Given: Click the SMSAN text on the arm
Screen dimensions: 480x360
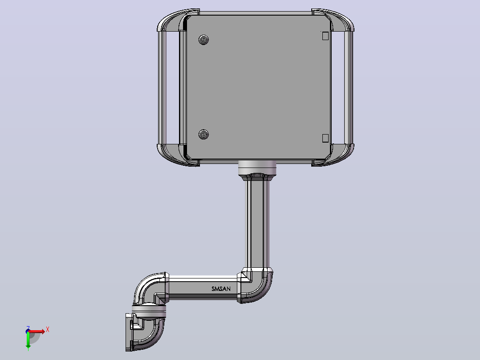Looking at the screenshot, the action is coord(221,289).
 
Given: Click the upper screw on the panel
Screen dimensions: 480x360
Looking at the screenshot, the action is coord(203,40).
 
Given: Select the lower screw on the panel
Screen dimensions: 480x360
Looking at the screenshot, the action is coord(203,134).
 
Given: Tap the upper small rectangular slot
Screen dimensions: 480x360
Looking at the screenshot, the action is coord(325,36).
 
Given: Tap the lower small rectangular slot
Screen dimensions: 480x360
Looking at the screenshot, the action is coord(325,138).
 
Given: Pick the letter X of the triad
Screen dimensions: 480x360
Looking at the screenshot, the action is coord(48,330).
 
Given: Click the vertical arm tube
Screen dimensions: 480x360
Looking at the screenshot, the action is coord(257,224).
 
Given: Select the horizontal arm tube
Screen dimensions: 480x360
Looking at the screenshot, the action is coord(203,288).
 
